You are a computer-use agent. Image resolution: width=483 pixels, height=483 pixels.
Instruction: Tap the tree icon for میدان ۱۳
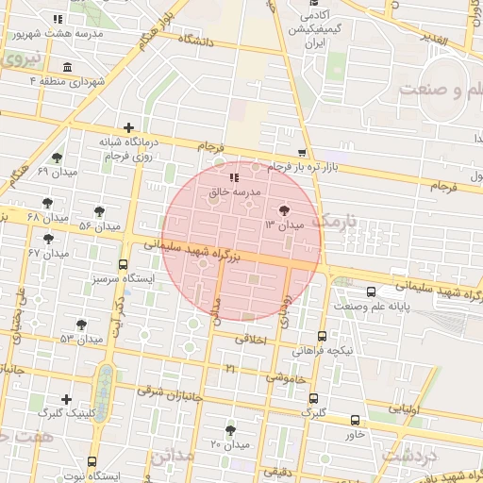(285, 211)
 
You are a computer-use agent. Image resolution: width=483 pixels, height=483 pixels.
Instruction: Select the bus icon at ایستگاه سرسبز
(123, 266)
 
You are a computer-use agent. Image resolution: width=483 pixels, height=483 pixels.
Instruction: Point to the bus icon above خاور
(355, 421)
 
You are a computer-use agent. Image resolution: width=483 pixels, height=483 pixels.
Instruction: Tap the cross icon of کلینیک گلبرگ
(65, 400)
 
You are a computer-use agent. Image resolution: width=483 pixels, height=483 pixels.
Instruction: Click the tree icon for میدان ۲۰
(229, 430)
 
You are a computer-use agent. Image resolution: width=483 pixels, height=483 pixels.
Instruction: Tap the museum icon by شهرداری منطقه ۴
(67, 68)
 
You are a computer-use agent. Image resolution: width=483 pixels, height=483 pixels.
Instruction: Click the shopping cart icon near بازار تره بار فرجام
(301, 153)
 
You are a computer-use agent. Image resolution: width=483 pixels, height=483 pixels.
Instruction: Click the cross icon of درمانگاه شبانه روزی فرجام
(128, 127)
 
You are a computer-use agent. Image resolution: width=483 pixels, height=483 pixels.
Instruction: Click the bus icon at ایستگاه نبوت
(92, 461)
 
